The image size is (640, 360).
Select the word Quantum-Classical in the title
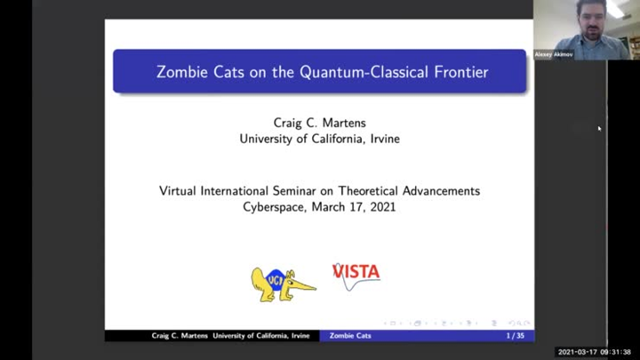point(352,72)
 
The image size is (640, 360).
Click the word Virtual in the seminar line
point(180,191)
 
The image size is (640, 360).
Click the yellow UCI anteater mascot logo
point(282,284)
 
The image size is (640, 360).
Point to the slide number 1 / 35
point(515,335)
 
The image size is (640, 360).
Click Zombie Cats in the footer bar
point(350,335)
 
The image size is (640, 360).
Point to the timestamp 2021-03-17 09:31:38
point(594,352)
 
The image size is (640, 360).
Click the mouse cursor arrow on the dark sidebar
point(599,129)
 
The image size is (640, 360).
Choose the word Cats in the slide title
point(229,72)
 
